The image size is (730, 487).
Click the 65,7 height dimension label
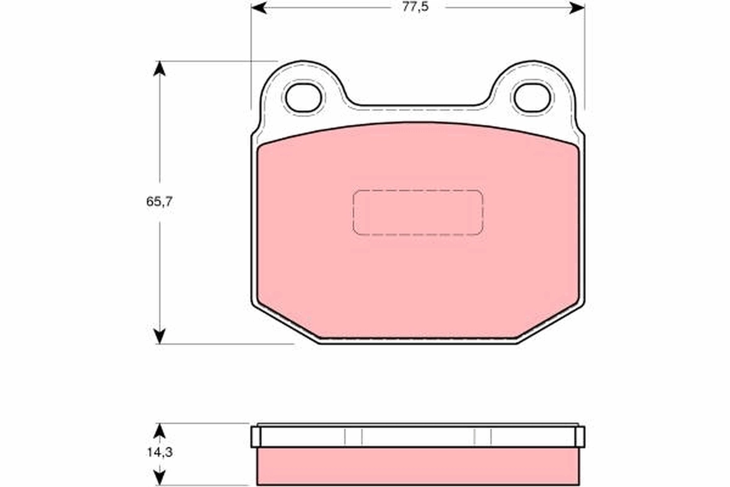159,203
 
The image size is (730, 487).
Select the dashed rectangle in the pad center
417,212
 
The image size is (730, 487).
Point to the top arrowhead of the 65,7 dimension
159,68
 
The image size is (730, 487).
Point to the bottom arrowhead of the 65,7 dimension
159,337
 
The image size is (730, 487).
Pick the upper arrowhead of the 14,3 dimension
159,430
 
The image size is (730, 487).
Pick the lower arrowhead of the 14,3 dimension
159,475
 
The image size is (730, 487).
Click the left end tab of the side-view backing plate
255,436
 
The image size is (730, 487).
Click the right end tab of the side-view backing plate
580,436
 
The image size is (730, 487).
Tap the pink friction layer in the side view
417,466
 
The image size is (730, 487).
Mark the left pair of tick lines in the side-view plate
353,436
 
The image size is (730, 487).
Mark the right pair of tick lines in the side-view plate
482,436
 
